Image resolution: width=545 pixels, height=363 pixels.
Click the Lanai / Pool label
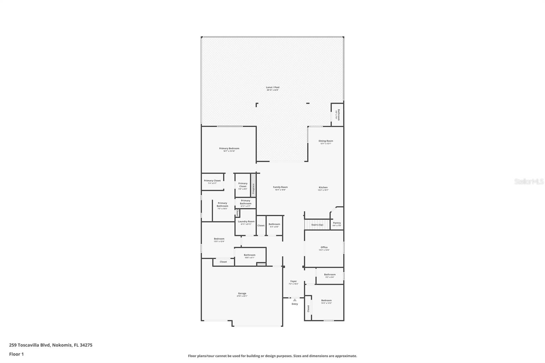click(272, 89)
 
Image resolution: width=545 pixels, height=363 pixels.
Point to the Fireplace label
click(253, 189)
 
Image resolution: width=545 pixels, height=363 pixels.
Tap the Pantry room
click(337, 223)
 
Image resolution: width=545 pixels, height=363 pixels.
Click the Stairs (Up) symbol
click(317, 224)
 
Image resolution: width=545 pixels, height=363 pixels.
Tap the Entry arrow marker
click(295, 300)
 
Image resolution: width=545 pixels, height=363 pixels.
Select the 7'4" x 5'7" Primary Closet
click(212, 182)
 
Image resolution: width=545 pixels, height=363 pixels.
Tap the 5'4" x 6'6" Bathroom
click(274, 225)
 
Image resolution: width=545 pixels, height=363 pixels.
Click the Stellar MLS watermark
click(529, 182)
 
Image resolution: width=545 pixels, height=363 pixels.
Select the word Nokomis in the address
click(62, 345)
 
